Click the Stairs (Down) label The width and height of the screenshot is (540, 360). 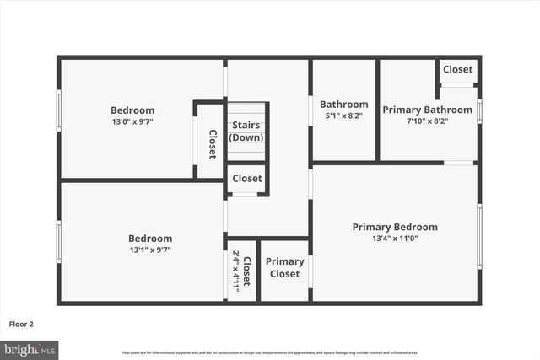click(246, 132)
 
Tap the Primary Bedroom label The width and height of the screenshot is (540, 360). click(395, 227)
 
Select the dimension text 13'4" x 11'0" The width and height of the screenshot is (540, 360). click(395, 239)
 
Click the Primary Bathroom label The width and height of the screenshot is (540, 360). click(427, 110)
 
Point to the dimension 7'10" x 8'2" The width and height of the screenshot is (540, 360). click(427, 121)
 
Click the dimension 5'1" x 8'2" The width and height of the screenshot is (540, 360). click(343, 116)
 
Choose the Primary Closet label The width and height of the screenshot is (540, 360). click(284, 267)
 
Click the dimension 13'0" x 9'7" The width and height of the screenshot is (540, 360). click(132, 121)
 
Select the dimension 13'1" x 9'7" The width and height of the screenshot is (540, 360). click(150, 250)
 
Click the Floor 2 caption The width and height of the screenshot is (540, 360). click(21, 324)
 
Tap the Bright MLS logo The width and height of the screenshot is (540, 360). click(30, 348)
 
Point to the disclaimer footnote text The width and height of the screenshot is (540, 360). click(270, 352)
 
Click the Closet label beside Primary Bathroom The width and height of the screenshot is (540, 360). click(457, 69)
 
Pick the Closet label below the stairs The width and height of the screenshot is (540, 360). click(246, 178)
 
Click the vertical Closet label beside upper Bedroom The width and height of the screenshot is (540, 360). click(212, 143)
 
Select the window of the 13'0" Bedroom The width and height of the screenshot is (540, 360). click(59, 110)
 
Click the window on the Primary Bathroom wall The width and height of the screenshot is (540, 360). click(479, 110)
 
